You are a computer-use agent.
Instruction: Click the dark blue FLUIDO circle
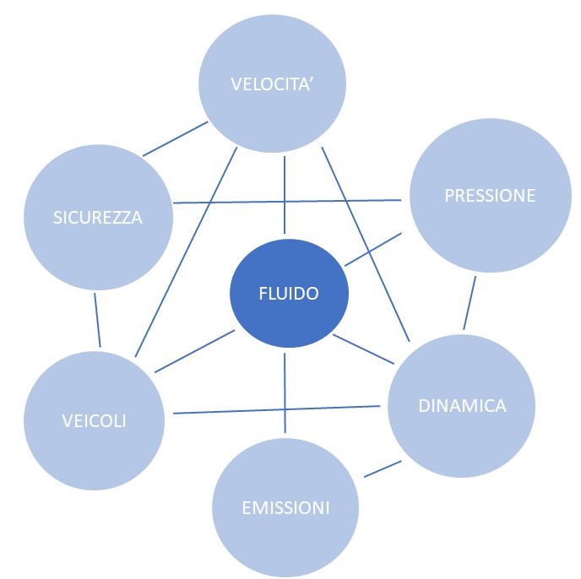point(289,294)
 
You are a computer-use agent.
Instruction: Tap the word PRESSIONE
point(490,196)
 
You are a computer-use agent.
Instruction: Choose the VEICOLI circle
point(94,419)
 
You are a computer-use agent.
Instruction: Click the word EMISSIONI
point(285,508)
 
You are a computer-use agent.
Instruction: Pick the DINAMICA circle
point(462,406)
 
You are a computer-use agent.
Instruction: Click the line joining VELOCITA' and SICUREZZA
point(176,139)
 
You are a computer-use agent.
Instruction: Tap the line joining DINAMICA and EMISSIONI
point(382,468)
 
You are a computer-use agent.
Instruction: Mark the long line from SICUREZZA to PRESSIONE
point(287,202)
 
